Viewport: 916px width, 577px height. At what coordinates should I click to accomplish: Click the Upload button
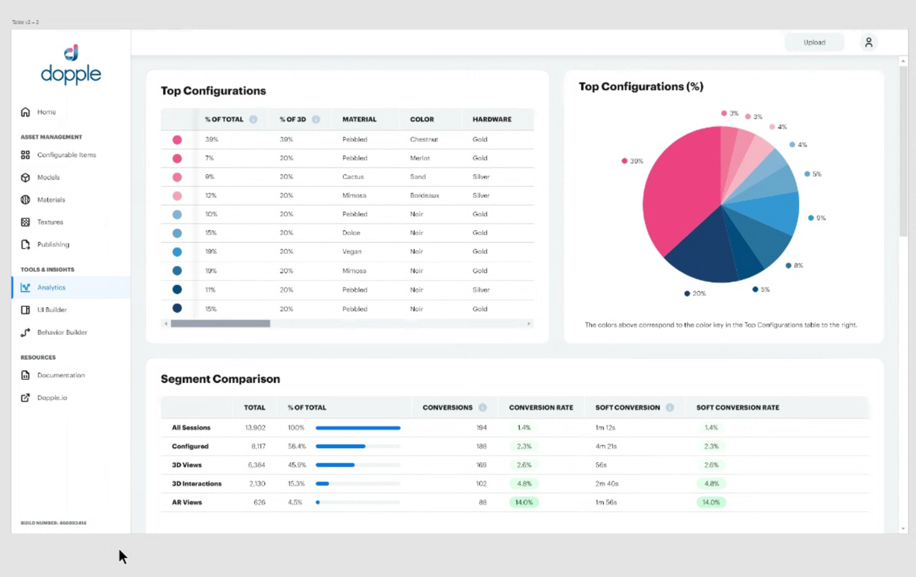coord(814,42)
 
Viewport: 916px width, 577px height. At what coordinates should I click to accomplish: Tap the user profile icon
coord(868,42)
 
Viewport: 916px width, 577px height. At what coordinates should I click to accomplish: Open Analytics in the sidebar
coord(51,288)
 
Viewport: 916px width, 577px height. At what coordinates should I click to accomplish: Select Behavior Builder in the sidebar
coord(62,332)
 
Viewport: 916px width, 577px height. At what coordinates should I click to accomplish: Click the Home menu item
coord(46,112)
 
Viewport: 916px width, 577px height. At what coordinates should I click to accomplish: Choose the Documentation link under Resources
coord(61,375)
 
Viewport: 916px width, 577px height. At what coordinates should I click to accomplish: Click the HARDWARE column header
coord(492,119)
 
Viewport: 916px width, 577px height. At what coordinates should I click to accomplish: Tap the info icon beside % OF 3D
coord(316,119)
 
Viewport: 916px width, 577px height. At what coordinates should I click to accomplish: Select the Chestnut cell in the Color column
coord(424,140)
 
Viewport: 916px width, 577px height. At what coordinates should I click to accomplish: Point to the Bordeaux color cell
coord(424,195)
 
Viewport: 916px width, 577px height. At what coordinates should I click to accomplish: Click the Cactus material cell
coord(353,177)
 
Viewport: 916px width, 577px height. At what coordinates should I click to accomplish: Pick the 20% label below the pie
coord(698,293)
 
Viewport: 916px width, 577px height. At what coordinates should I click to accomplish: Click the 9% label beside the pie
coord(820,218)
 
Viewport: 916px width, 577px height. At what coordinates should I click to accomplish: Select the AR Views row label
coord(187,502)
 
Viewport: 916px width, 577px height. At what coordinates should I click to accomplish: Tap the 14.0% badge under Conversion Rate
coord(524,502)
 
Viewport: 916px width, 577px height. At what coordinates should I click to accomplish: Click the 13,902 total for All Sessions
coord(255,428)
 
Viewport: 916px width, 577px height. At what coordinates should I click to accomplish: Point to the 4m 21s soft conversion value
coord(606,446)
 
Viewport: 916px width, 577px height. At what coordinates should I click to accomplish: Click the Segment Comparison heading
coord(220,379)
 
